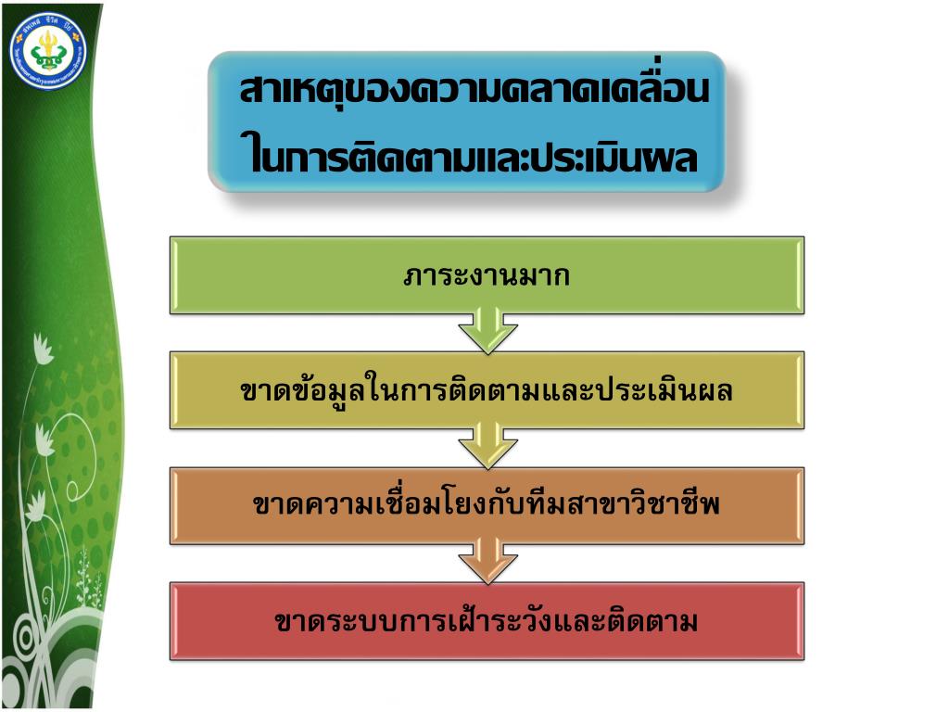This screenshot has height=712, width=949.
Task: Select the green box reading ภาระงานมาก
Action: coord(487,274)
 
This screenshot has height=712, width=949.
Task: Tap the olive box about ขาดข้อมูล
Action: coord(487,390)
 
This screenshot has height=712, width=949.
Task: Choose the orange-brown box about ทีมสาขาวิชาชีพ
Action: coord(487,505)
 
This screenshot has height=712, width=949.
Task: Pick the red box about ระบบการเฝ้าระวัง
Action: coord(487,621)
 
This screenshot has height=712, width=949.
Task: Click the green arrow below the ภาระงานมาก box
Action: coord(487,332)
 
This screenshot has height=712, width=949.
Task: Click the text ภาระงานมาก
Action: coord(487,275)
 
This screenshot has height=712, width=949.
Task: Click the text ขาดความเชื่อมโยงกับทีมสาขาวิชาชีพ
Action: coord(487,506)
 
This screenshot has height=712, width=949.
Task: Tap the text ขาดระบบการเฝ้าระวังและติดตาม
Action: coord(487,621)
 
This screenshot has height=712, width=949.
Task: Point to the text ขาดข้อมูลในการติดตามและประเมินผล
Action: coord(487,391)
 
